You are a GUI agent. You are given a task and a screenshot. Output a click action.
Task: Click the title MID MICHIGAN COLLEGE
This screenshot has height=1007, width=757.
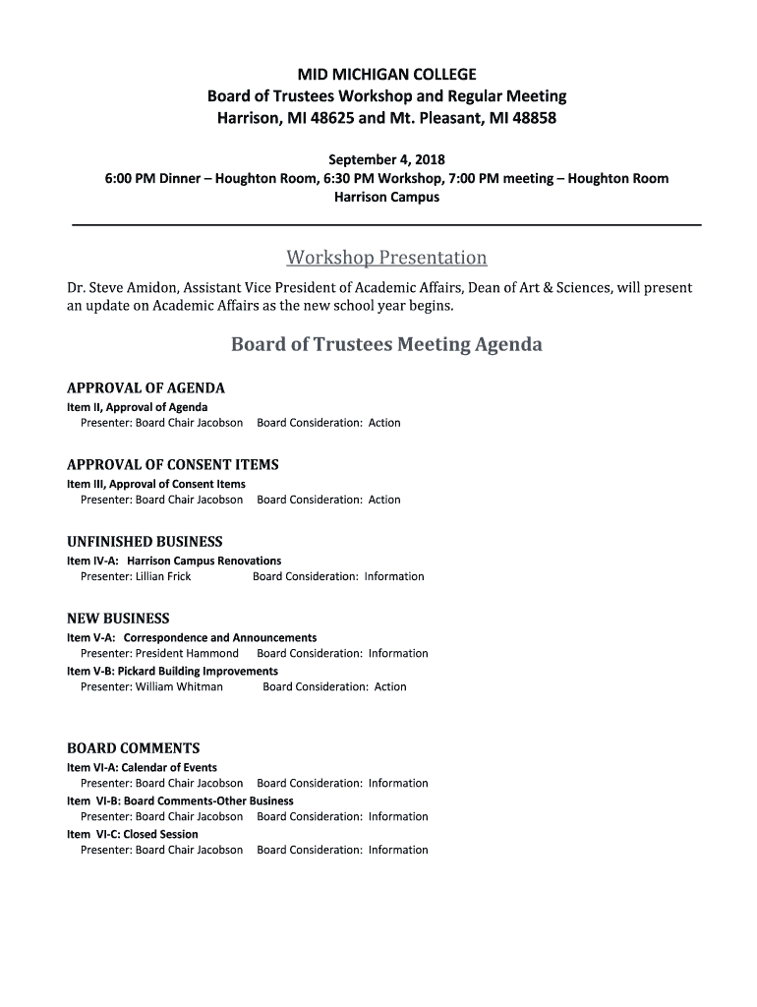[386, 75]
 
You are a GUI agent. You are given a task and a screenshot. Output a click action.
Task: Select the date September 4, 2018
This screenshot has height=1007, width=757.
[386, 159]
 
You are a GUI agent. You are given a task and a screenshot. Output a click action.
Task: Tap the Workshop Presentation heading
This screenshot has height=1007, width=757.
[386, 258]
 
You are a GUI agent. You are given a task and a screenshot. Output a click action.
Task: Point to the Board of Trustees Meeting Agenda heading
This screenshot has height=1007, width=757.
[386, 345]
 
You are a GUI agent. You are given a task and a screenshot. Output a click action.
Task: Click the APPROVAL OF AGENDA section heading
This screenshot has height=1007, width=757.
[146, 388]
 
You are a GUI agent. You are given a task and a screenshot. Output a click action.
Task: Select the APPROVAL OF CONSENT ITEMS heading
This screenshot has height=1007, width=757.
[172, 465]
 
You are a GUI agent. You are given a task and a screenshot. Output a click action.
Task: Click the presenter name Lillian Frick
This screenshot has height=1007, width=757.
[163, 576]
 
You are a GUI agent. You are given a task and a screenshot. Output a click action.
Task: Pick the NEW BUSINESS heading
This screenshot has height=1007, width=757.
[118, 619]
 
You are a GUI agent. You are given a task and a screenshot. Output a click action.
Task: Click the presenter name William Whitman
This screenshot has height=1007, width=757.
[179, 686]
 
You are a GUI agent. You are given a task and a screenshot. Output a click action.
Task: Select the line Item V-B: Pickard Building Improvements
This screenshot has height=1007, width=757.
[172, 671]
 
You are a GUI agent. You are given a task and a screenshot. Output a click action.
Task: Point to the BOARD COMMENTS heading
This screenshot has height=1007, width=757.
[133, 748]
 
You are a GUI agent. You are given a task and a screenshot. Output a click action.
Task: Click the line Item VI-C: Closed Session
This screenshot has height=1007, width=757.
[133, 834]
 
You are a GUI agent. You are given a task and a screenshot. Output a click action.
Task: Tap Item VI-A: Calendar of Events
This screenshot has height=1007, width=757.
[142, 767]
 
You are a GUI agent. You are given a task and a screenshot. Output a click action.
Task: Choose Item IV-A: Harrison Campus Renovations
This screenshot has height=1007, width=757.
[174, 561]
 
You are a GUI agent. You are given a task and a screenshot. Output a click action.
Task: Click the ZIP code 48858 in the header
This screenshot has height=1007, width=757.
[535, 118]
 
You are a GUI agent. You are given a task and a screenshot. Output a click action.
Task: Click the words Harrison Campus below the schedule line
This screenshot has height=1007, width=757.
[386, 197]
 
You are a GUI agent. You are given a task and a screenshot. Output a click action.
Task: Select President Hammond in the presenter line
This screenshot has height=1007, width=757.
[187, 653]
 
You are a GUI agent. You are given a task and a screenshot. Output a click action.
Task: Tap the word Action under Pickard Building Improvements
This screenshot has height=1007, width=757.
[390, 686]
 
